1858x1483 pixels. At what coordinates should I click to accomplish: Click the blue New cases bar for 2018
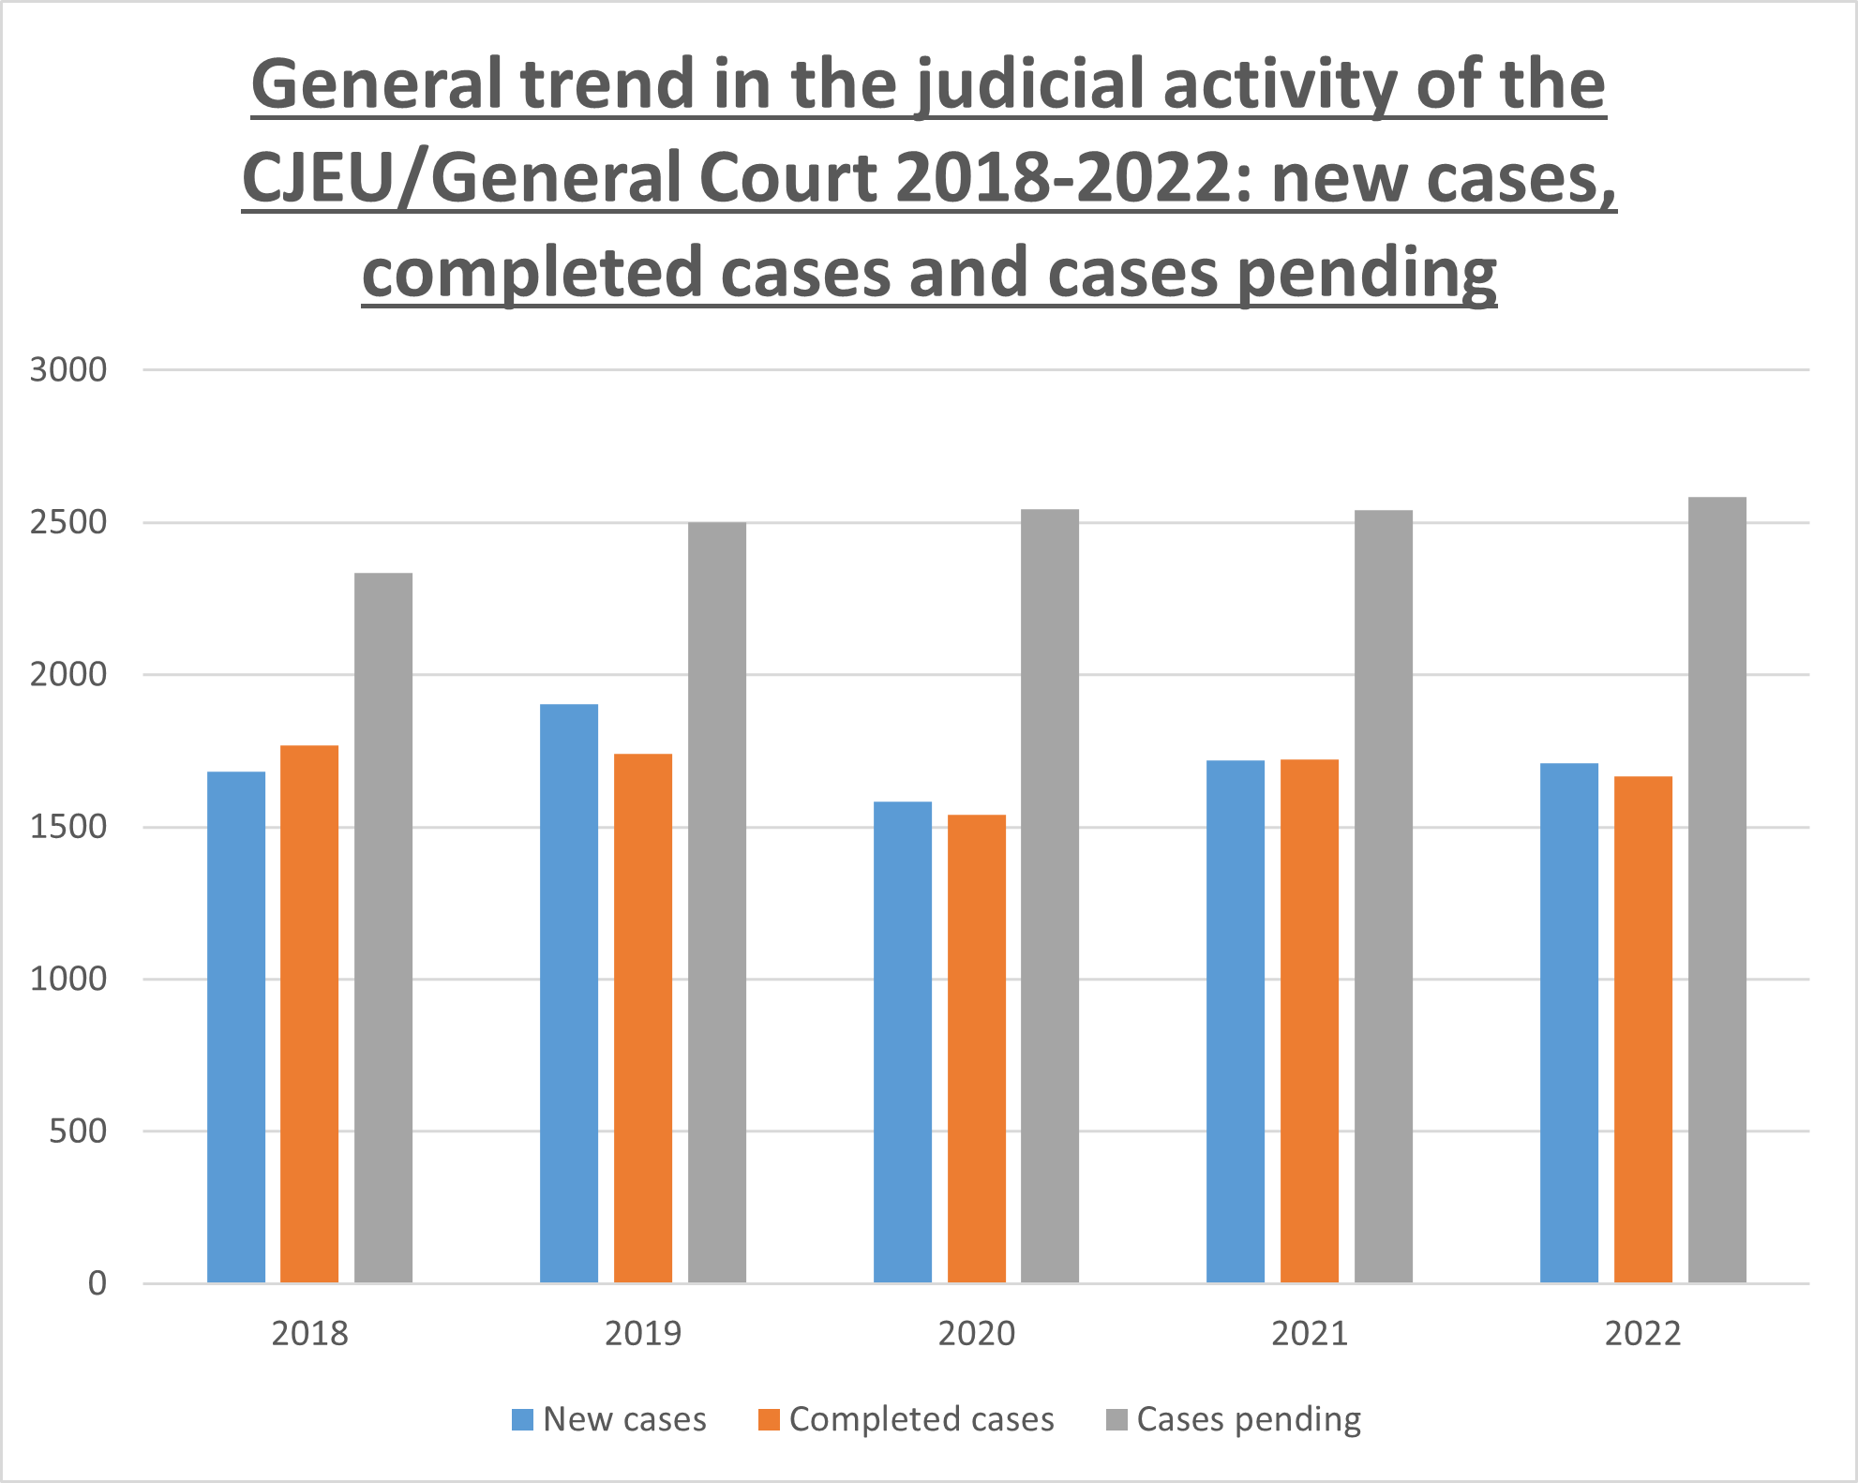(x=236, y=1026)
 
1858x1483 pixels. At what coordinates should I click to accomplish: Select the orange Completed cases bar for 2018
(x=309, y=1013)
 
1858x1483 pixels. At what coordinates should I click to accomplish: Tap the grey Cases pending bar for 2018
(x=383, y=927)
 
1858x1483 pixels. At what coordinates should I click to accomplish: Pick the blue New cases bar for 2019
(x=569, y=993)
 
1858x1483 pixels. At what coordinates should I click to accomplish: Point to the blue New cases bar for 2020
(x=903, y=1041)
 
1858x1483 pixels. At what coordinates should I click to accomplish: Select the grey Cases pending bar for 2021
(x=1384, y=896)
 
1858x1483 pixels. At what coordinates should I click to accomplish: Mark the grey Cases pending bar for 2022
(x=1717, y=890)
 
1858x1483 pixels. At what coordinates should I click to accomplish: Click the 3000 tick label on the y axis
(x=68, y=370)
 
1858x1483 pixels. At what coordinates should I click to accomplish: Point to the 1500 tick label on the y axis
(x=68, y=827)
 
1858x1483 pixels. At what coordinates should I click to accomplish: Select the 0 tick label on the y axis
(x=97, y=1283)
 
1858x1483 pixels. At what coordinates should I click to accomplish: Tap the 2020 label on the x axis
(x=977, y=1333)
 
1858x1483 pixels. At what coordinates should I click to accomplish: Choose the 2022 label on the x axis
(x=1643, y=1333)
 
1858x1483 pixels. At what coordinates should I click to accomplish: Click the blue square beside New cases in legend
(x=522, y=1419)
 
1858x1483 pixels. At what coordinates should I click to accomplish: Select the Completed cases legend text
(x=922, y=1419)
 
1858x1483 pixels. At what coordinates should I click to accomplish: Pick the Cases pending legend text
(x=1249, y=1419)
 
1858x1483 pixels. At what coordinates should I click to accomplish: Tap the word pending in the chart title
(x=1367, y=274)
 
